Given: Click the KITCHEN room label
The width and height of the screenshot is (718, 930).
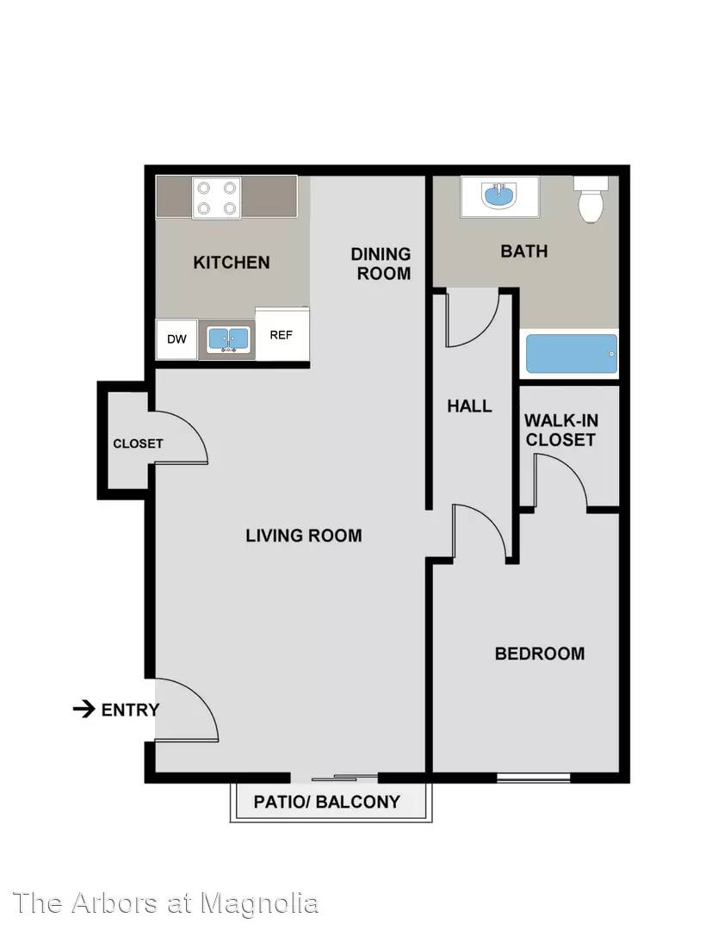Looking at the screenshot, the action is pyautogui.click(x=232, y=262).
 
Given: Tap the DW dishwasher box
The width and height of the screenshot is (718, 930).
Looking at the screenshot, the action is pyautogui.click(x=176, y=339).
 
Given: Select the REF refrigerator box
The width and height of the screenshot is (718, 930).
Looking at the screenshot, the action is pyautogui.click(x=282, y=334).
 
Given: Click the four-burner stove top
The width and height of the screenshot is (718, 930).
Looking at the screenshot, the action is pyautogui.click(x=217, y=198).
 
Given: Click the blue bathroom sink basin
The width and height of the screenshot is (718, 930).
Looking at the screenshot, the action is pyautogui.click(x=500, y=195).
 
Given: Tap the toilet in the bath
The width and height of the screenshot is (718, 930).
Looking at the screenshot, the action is pyautogui.click(x=591, y=199).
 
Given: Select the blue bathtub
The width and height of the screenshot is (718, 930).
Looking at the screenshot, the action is pyautogui.click(x=572, y=354).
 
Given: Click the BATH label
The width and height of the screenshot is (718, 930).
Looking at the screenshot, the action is pyautogui.click(x=524, y=251).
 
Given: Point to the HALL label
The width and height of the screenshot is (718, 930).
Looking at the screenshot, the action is pyautogui.click(x=469, y=406).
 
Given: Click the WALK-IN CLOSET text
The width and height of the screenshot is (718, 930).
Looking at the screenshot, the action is pyautogui.click(x=560, y=430).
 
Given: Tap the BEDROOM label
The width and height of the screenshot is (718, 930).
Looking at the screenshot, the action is pyautogui.click(x=540, y=654).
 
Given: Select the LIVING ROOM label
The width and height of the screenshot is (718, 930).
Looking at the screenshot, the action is pyautogui.click(x=304, y=536).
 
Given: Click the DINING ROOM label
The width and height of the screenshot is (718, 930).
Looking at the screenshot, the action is pyautogui.click(x=382, y=263).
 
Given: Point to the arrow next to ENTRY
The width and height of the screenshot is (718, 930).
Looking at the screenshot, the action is pyautogui.click(x=84, y=709).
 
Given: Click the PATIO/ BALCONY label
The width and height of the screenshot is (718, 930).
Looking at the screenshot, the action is pyautogui.click(x=326, y=802).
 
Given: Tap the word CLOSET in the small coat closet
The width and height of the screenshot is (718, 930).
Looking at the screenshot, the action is pyautogui.click(x=138, y=443).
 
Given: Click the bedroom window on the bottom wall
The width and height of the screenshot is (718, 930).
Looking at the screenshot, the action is pyautogui.click(x=533, y=778).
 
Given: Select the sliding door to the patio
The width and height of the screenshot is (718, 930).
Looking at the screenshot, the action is pyautogui.click(x=334, y=778).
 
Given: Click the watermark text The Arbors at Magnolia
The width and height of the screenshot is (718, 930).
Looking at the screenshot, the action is pyautogui.click(x=165, y=903).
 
